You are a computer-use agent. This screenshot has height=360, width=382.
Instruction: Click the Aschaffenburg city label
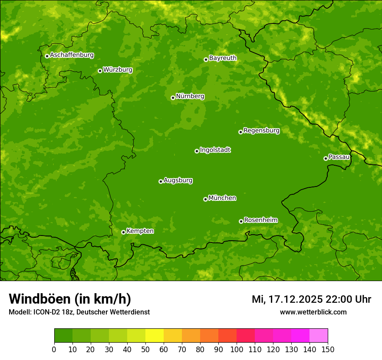72,55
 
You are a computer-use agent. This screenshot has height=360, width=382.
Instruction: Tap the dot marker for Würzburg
100,71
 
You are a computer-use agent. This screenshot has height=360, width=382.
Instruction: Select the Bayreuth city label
223,58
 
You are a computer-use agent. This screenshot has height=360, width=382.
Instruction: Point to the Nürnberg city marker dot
173,98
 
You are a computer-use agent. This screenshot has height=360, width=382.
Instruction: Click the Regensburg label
261,131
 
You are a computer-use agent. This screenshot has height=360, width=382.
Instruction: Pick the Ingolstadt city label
215,150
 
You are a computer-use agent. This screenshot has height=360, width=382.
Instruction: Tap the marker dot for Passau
326,158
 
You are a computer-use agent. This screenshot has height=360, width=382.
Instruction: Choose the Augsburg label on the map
178,180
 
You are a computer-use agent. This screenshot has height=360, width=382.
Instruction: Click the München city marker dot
205,199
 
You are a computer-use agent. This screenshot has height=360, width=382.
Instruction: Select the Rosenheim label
260,220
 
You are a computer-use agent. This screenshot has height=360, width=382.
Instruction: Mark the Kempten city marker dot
123,232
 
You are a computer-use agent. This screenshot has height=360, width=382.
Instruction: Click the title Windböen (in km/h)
70,299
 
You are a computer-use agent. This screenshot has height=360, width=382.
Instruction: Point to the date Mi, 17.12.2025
286,299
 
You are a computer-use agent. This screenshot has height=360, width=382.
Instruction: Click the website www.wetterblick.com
313,312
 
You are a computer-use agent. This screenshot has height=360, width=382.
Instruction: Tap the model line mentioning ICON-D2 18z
79,312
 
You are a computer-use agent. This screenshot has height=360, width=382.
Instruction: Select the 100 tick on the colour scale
237,349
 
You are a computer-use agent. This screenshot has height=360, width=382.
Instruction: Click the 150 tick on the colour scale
328,349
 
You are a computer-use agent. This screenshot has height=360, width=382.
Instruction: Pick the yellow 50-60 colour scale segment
155,336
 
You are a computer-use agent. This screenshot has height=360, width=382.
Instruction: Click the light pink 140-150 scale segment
319,336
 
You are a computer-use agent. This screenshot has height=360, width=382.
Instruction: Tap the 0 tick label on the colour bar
54,349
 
